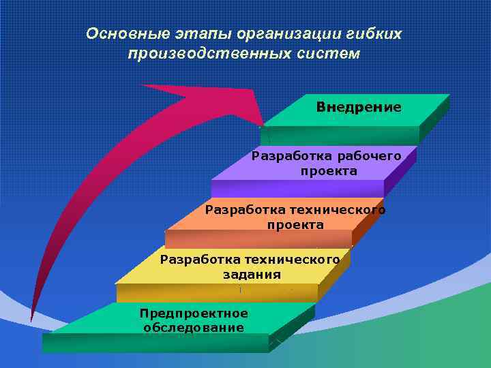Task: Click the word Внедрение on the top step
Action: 359,108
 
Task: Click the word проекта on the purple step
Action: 329,171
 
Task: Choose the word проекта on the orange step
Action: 295,224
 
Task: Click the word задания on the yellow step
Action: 251,275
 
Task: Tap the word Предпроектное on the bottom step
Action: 194,313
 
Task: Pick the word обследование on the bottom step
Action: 194,328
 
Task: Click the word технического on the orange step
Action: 337,209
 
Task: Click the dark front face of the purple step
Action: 297,189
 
